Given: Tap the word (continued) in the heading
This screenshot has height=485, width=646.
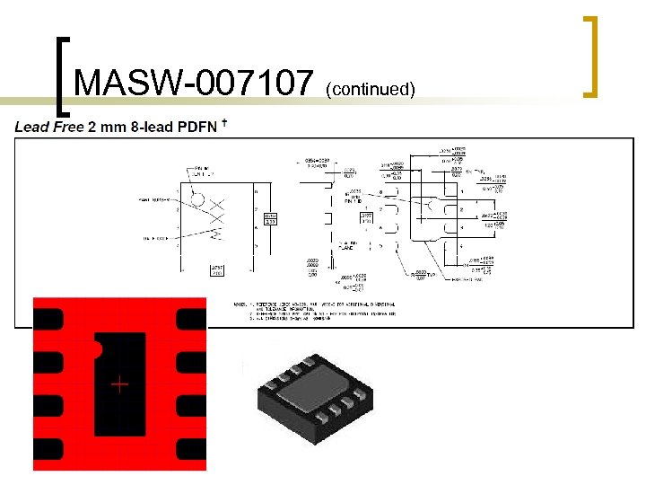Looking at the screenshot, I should point(371,88).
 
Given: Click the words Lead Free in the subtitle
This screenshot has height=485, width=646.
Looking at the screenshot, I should point(48,127).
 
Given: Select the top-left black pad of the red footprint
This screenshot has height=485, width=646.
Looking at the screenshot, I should point(48,318).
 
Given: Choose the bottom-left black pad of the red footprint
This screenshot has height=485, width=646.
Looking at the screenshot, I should point(48,448).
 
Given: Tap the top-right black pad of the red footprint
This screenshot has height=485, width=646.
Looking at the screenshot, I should point(191,318).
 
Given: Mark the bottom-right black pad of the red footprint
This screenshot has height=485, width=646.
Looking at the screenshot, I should point(191,448).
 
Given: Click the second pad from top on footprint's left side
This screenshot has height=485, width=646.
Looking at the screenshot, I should point(48,363).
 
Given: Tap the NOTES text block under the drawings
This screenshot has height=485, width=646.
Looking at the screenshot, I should point(314,311).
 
